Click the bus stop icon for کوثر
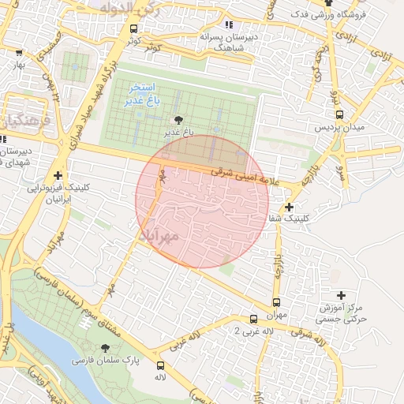coord(133,29)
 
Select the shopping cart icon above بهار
coord(19,53)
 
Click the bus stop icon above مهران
coord(275,302)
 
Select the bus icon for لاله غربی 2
coord(252,320)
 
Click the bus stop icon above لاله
coord(160,365)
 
